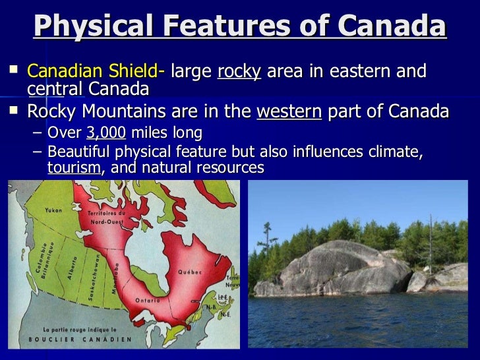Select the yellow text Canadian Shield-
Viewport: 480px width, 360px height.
click(x=96, y=71)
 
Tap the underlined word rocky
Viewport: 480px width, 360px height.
click(x=239, y=71)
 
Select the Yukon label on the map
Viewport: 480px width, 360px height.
click(x=53, y=210)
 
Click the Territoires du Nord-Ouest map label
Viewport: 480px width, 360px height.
click(x=105, y=217)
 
